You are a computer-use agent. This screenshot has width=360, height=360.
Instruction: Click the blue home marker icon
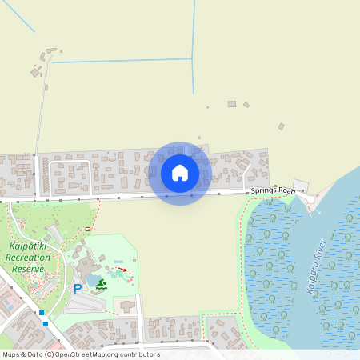[x=180, y=172]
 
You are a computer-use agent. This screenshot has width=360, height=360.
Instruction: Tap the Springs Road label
[x=273, y=190]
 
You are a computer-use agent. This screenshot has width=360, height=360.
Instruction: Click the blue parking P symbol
[x=78, y=289]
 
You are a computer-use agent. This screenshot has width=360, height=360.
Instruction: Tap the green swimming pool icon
[x=102, y=283]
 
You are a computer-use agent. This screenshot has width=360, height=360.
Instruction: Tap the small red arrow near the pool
[x=124, y=270]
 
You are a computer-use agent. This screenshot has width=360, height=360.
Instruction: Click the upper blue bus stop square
[x=41, y=312]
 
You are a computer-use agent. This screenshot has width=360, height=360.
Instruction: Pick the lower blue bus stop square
[x=46, y=324]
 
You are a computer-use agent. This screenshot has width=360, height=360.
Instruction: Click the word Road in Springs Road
[x=286, y=191]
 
